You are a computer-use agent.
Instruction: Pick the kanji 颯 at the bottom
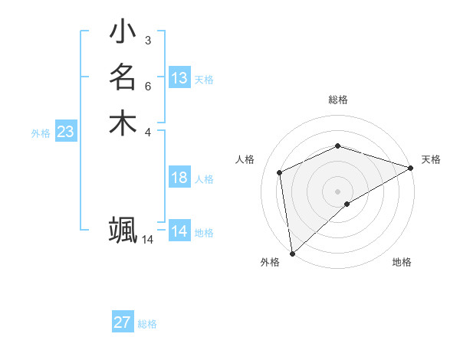(x=123, y=229)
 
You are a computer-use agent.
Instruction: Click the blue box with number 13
(x=179, y=78)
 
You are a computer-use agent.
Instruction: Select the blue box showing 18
(x=179, y=178)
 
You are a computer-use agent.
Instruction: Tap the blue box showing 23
(x=65, y=132)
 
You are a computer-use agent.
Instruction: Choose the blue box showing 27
(x=123, y=322)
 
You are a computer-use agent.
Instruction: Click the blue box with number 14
(x=179, y=231)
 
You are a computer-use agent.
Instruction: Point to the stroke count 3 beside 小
(x=147, y=40)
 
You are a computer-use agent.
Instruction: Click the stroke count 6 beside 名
(x=147, y=85)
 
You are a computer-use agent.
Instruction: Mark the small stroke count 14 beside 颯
(x=147, y=240)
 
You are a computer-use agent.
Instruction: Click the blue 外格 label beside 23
(x=41, y=133)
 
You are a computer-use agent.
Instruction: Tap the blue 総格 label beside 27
(x=147, y=324)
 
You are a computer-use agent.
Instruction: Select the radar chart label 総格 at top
(x=338, y=100)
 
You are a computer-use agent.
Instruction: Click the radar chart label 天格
(x=431, y=159)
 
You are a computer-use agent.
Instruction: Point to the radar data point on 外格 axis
(x=292, y=254)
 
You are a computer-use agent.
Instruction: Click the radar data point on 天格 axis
(x=411, y=168)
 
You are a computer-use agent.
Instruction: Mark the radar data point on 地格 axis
(x=348, y=204)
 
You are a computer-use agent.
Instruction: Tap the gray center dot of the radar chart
(x=338, y=191)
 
